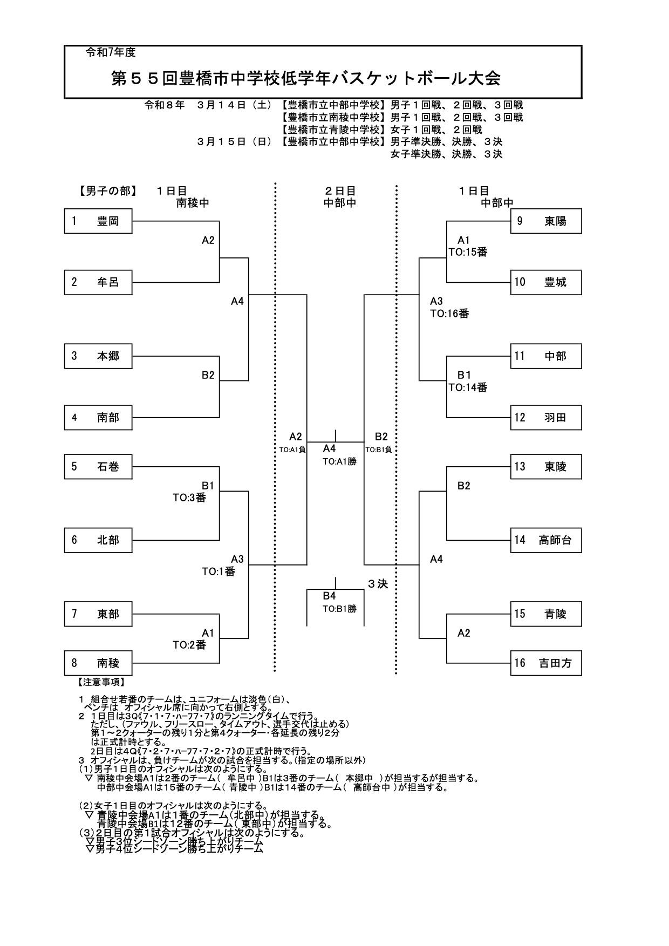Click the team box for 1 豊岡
[x=98, y=221]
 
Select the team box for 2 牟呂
[x=98, y=282]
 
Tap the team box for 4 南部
[x=98, y=418]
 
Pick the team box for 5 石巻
[x=98, y=467]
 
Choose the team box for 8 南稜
[x=98, y=663]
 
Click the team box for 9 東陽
[x=546, y=221]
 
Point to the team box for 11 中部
[x=546, y=356]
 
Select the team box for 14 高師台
[x=546, y=540]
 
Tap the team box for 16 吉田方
[x=546, y=663]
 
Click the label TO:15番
[x=468, y=252]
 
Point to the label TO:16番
[x=449, y=314]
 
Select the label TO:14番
[x=468, y=387]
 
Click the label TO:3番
[x=189, y=498]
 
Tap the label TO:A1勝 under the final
[x=339, y=461]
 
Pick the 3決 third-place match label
[x=378, y=584]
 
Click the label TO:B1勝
[x=339, y=609]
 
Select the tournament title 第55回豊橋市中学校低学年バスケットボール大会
[x=306, y=79]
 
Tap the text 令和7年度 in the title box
[x=111, y=53]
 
